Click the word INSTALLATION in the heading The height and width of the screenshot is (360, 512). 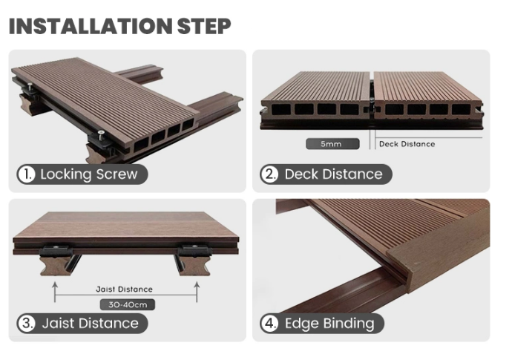pos(90,26)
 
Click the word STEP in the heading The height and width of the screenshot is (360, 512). pos(204,26)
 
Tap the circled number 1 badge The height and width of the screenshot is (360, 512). pos(27,174)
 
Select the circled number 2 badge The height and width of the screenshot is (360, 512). pos(269,174)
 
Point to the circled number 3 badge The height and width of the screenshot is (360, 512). pos(27,324)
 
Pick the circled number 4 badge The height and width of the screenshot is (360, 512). pos(269,324)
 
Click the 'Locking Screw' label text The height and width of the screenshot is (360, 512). pos(89,174)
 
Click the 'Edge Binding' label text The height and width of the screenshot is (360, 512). pos(329,324)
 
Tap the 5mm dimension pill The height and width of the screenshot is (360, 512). pos(332,144)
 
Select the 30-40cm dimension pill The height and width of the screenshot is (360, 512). pos(128,305)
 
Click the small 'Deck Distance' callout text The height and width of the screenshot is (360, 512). pos(407,144)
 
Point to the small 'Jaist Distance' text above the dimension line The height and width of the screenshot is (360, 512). pos(124,289)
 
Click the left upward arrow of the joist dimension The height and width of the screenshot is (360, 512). pos(55,292)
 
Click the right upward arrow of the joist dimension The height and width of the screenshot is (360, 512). pos(197,292)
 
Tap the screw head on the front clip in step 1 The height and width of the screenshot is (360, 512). pos(101,132)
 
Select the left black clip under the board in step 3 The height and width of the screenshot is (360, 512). pos(56,251)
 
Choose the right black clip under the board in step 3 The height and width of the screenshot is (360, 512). pos(194,251)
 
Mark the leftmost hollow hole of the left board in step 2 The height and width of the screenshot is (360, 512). pos(280,109)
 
